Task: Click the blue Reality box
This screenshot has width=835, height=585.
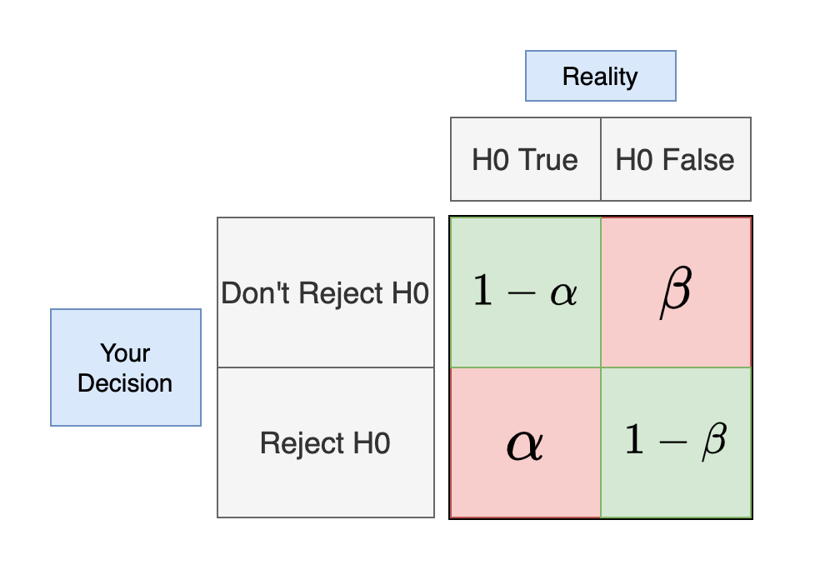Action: point(600,76)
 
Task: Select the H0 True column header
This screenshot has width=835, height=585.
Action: point(525,159)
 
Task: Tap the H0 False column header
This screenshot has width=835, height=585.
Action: point(675,159)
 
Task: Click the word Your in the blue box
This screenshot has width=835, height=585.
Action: point(125,352)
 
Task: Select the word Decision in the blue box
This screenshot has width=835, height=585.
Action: point(125,383)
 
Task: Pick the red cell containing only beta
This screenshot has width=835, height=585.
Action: point(675,292)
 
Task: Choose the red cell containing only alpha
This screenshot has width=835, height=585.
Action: point(525,442)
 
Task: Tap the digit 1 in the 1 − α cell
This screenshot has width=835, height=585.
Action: point(482,292)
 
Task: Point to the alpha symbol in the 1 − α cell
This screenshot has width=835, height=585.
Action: point(563,294)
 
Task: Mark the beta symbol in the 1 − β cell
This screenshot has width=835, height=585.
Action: point(713,441)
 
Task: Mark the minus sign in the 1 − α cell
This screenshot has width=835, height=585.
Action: point(522,293)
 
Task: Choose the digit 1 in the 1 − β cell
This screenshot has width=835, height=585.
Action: point(635,440)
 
